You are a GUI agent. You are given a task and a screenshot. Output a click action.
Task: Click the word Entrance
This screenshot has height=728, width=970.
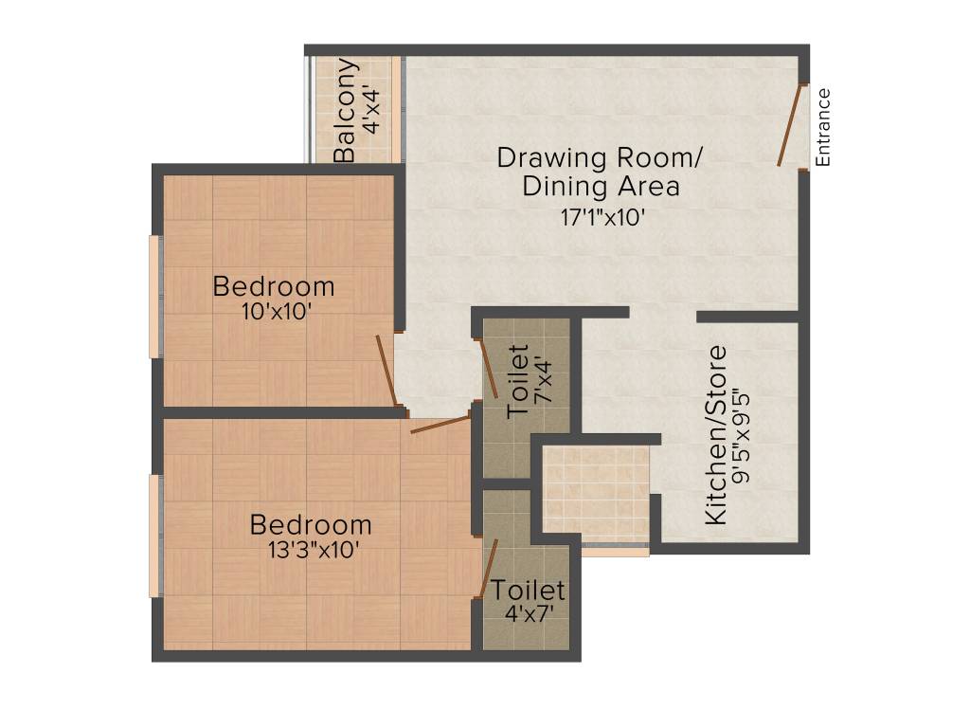click(x=823, y=127)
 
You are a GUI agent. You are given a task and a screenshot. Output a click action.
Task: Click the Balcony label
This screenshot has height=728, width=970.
click(x=347, y=111)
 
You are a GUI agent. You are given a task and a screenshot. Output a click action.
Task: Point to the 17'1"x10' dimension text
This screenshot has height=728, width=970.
click(x=602, y=216)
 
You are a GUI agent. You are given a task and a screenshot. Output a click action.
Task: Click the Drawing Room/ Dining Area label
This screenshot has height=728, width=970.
click(x=601, y=171)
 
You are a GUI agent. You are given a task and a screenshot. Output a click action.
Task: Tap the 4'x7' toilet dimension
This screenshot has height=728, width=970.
click(x=528, y=613)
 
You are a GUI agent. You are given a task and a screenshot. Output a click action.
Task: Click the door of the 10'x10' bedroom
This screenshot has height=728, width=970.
click(x=386, y=371)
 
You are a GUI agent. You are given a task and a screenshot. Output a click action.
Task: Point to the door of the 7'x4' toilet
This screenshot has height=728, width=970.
click(x=489, y=369)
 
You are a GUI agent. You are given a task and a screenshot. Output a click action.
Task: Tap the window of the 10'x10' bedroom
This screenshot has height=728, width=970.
click(x=153, y=295)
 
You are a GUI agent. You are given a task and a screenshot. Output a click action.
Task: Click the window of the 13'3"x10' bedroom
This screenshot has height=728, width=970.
click(x=153, y=535)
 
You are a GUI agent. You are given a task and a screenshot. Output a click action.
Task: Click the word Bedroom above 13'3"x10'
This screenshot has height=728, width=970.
click(x=311, y=524)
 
